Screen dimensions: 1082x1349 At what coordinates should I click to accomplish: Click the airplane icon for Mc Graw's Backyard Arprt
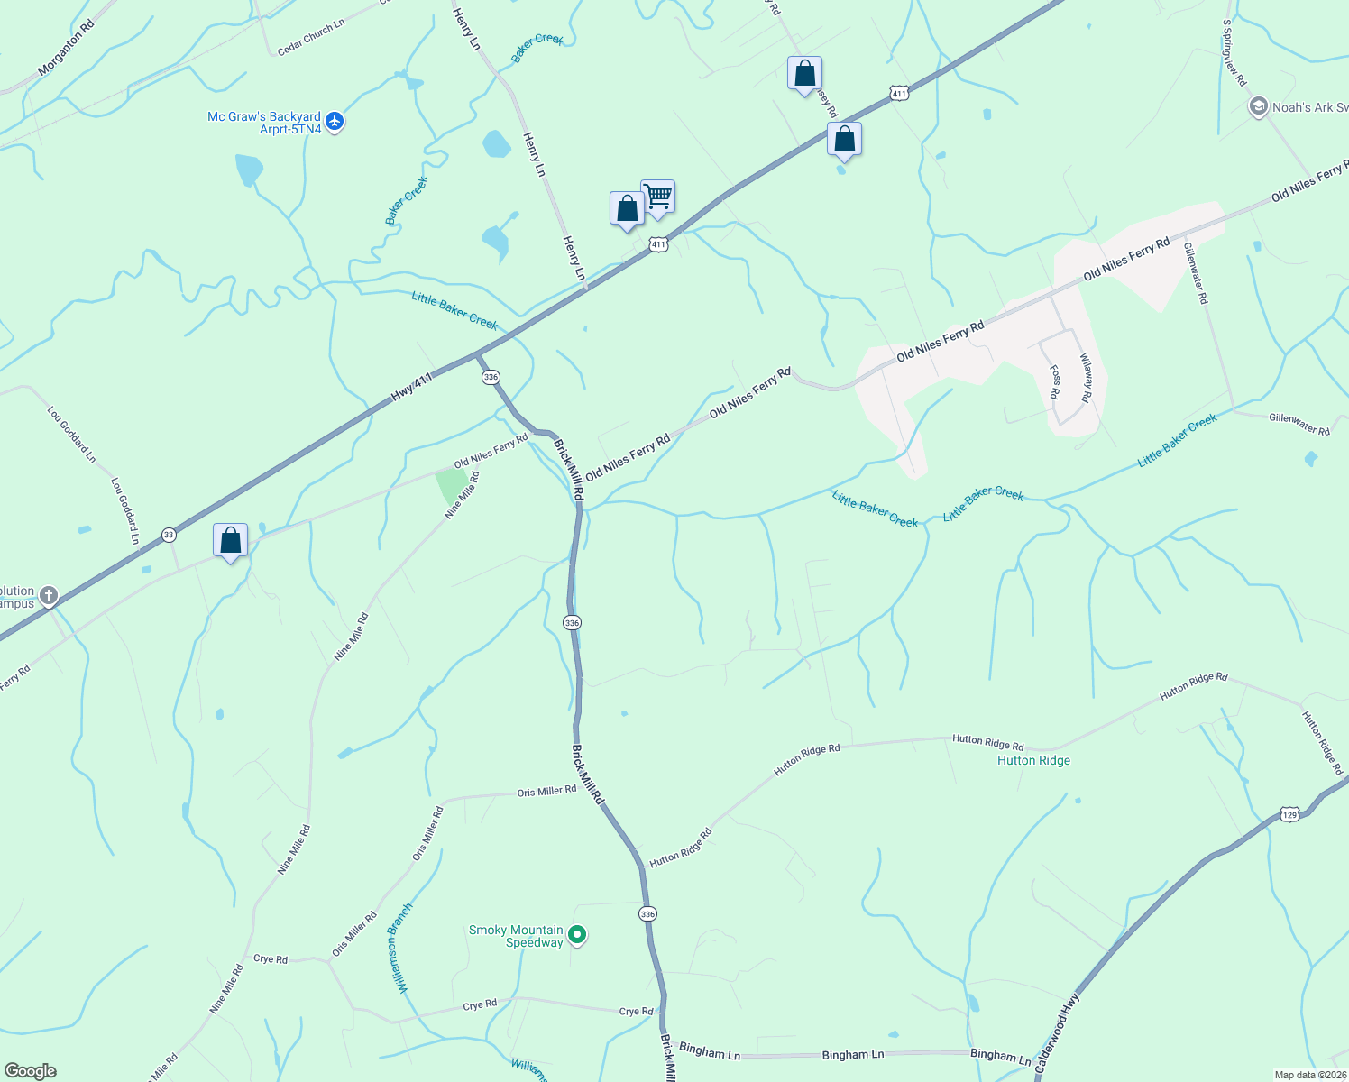335,120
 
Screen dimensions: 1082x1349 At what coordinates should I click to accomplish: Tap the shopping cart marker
658,196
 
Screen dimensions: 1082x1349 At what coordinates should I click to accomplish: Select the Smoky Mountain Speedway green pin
578,936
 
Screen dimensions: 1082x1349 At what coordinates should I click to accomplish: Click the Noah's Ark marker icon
1258,107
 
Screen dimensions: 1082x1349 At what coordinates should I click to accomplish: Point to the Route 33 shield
169,535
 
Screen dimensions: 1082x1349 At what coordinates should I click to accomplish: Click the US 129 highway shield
1289,814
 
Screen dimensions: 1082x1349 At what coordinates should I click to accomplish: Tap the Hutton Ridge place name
1033,760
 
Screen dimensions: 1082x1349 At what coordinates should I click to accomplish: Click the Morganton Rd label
66,48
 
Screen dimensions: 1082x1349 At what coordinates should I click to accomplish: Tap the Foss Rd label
1054,382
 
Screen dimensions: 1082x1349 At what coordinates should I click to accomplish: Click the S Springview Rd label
1234,53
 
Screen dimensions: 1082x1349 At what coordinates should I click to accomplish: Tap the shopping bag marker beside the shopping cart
627,208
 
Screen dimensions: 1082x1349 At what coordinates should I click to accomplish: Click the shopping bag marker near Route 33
231,540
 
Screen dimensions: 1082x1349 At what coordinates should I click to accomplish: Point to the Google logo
31,1071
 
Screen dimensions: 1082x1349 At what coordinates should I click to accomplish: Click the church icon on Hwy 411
50,595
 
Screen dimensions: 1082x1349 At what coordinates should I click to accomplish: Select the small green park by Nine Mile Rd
452,485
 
